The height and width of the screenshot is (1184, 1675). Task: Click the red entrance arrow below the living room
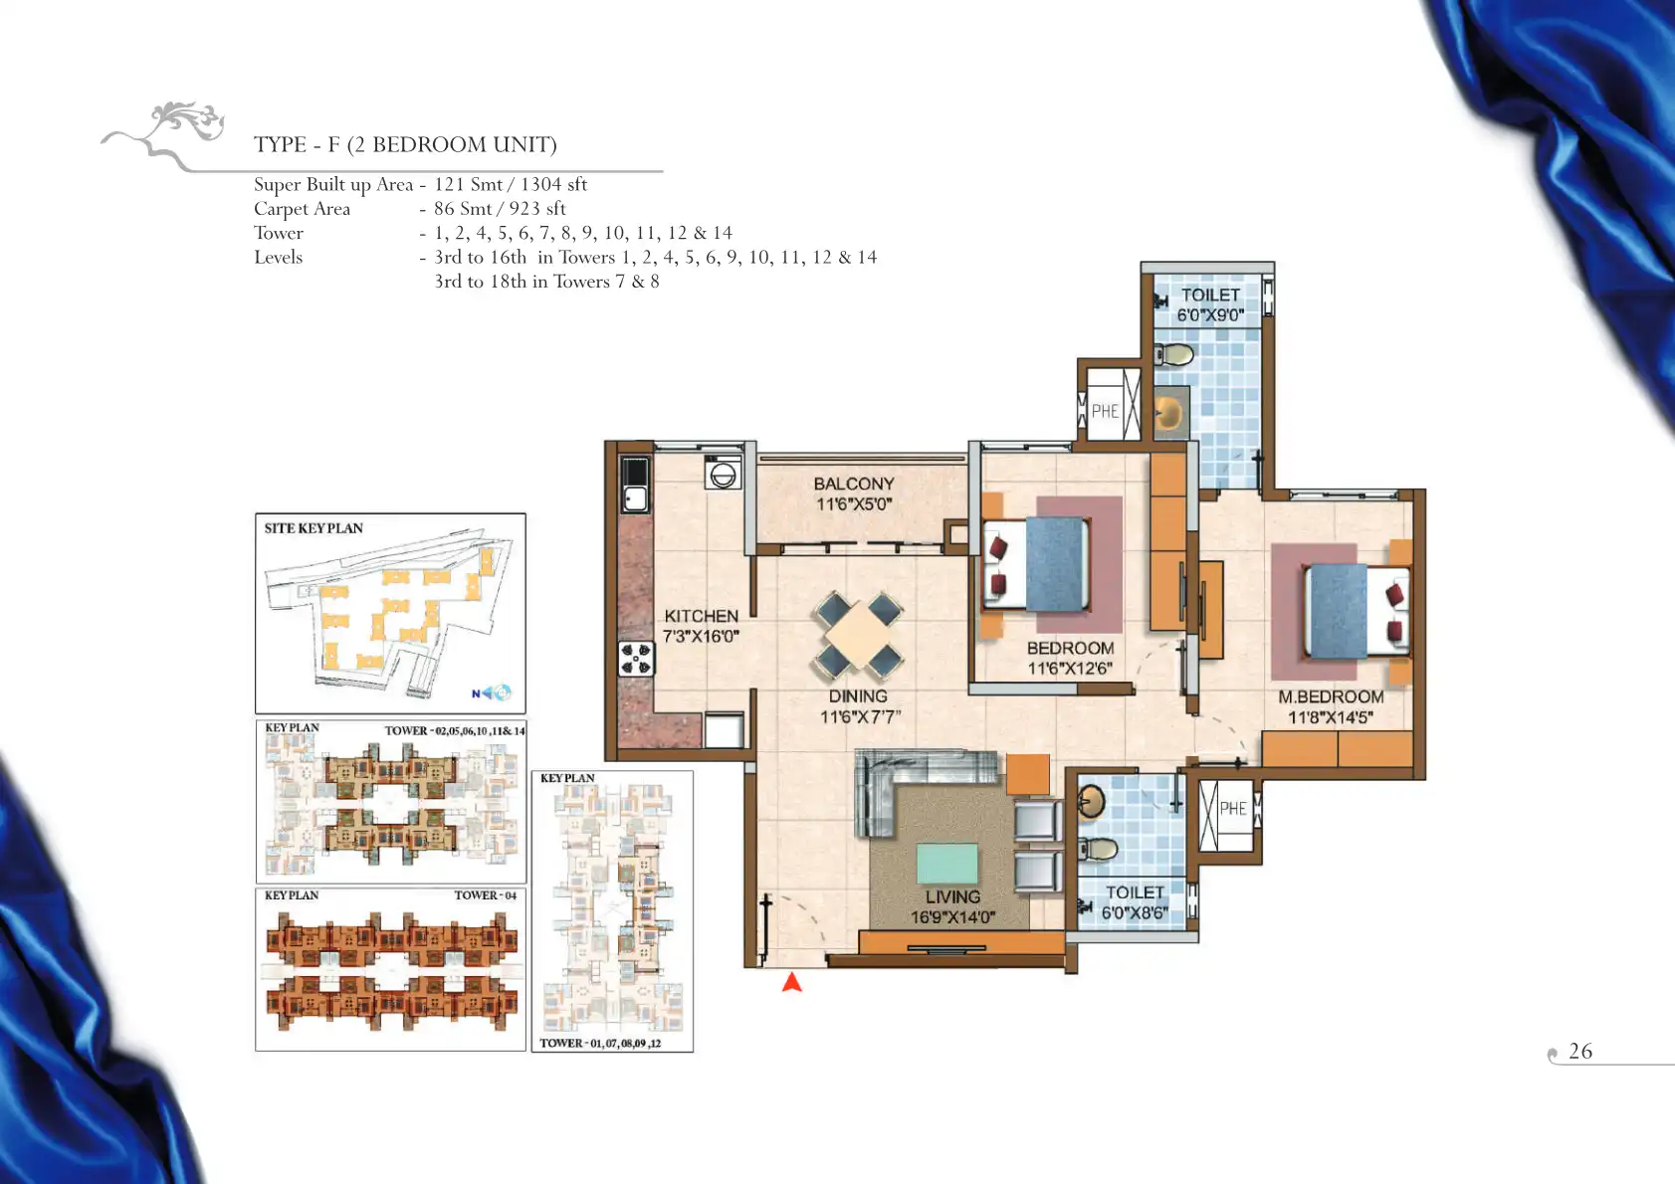coord(792,982)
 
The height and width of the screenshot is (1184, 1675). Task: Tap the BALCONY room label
coord(854,484)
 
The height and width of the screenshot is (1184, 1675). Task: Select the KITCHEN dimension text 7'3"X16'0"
coord(701,636)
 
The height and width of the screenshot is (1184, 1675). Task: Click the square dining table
coord(859,636)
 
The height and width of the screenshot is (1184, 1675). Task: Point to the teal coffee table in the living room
coord(947,864)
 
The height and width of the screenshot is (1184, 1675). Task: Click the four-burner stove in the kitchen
coord(636,659)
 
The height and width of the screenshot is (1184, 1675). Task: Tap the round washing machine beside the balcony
coord(723,474)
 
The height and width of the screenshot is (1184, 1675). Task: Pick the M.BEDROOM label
coord(1331,696)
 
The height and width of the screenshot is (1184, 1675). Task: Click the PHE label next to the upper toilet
coord(1105,411)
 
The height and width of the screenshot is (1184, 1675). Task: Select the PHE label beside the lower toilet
coord(1233,808)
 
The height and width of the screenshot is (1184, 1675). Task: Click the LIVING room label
coord(952,896)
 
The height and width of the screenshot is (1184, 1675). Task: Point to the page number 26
coord(1580,1051)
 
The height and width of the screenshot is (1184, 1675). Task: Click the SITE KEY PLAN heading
coord(314,528)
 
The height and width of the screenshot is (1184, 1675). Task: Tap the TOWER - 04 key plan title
coord(486,895)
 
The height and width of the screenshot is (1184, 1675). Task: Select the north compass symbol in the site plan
coord(492,692)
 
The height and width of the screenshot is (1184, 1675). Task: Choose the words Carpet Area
coord(303,209)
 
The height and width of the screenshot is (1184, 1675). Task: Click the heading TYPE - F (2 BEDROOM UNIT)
coord(405,144)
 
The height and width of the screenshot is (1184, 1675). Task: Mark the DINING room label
coord(858,695)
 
